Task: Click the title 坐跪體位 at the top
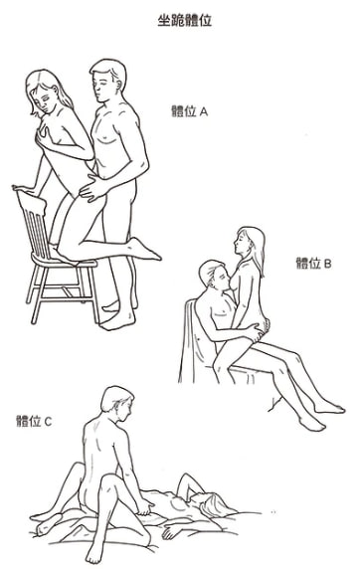click(x=185, y=20)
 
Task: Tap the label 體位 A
click(x=189, y=110)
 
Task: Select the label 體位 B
click(x=314, y=263)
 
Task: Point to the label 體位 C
click(x=34, y=421)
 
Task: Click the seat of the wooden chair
click(x=65, y=260)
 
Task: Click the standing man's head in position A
click(x=108, y=81)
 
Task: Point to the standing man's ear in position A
click(x=119, y=84)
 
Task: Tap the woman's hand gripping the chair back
click(x=23, y=189)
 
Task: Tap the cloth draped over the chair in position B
click(x=193, y=342)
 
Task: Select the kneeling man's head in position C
click(x=116, y=401)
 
